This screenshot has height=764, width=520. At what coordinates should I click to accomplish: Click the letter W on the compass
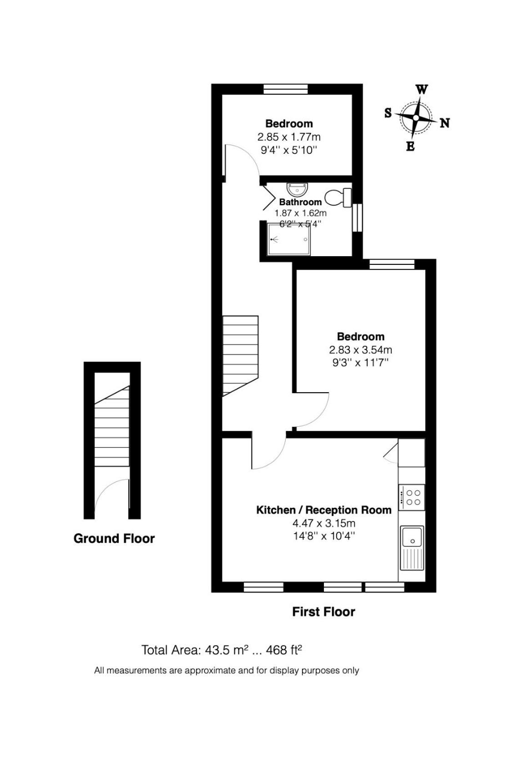421,90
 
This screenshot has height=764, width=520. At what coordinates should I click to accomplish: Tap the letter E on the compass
410,147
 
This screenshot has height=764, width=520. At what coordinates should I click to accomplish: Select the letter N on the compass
444,123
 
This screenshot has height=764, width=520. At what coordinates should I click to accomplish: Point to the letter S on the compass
388,112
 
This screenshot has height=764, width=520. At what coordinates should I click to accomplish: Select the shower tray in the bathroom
289,239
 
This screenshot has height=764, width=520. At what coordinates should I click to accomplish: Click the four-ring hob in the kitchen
412,498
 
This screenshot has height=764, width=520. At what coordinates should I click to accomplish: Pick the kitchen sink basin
412,536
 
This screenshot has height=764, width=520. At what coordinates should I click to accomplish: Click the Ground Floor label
114,539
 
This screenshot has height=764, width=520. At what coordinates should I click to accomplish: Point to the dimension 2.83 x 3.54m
360,349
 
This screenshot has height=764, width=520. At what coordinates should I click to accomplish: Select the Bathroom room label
300,202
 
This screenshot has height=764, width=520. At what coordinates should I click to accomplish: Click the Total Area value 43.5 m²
226,650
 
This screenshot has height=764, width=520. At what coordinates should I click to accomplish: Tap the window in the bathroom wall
357,218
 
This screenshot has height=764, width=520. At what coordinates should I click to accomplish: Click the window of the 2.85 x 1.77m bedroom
286,89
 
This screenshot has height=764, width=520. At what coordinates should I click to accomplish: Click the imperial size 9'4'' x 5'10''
289,150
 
